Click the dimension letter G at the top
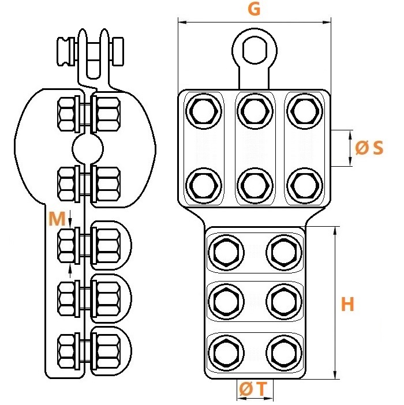click(x=254, y=9)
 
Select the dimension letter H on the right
click(x=347, y=304)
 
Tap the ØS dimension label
click(x=369, y=148)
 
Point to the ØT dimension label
click(x=253, y=389)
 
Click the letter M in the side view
click(x=57, y=219)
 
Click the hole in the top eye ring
click(x=255, y=50)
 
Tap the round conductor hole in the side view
click(x=88, y=149)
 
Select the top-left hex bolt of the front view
click(x=204, y=111)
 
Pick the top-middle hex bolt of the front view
click(x=255, y=111)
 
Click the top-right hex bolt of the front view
click(x=305, y=111)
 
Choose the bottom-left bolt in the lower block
click(x=226, y=353)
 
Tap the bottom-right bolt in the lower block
click(x=284, y=353)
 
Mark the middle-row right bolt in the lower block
click(x=284, y=301)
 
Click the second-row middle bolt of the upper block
click(x=255, y=186)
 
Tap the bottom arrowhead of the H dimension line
click(x=335, y=375)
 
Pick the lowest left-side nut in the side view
click(x=66, y=351)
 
